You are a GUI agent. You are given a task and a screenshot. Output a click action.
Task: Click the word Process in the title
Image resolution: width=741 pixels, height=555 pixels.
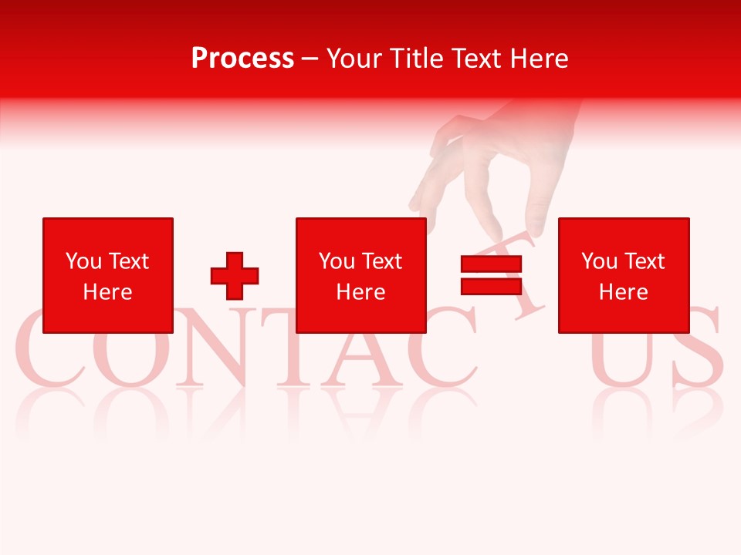[242, 58]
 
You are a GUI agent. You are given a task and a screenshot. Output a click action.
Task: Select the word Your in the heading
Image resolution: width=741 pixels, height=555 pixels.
[354, 58]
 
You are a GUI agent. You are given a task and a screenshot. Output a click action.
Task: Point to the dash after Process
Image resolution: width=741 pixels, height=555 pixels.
[310, 59]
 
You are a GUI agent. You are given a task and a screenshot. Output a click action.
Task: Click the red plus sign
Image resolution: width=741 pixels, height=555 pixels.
[235, 275]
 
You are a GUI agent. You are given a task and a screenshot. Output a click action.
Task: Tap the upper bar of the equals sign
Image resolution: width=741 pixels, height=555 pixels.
[491, 264]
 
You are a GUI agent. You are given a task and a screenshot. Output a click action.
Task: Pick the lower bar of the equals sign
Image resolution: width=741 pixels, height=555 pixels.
[491, 286]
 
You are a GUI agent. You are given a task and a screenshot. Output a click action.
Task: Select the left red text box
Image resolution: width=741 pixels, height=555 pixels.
[108, 275]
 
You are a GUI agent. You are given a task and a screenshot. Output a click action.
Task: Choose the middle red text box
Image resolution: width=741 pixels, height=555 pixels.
[361, 275]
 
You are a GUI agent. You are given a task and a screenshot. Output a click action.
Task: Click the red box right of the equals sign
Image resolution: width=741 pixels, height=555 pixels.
[624, 275]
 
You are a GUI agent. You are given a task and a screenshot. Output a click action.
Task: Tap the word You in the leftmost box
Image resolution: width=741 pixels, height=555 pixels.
[83, 261]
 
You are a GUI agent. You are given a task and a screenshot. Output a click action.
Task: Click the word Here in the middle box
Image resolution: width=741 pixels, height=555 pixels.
[361, 292]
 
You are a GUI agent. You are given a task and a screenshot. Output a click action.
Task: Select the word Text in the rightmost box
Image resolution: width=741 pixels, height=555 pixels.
[644, 261]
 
